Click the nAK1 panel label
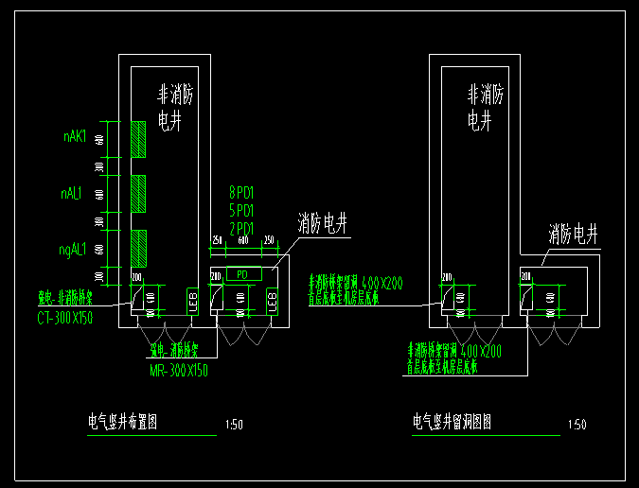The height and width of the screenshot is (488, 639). pyautogui.click(x=75, y=137)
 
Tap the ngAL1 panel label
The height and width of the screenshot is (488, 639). pyautogui.click(x=73, y=250)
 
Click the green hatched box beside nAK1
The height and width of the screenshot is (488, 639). pyautogui.click(x=139, y=138)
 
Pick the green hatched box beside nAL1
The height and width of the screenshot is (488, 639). pyautogui.click(x=139, y=193)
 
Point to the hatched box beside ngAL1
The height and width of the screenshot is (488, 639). pyautogui.click(x=139, y=248)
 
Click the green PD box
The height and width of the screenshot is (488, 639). pyautogui.click(x=242, y=274)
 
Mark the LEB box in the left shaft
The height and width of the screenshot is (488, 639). pyautogui.click(x=192, y=301)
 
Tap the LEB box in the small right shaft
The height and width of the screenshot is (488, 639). pyautogui.click(x=273, y=301)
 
